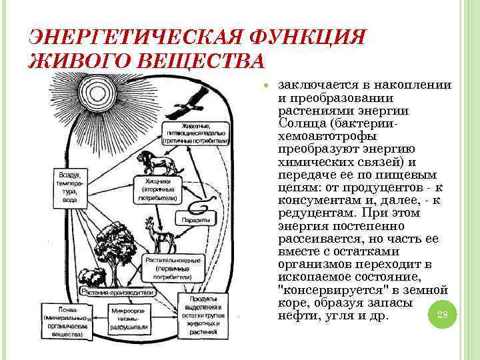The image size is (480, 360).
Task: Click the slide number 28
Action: click(441, 315)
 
